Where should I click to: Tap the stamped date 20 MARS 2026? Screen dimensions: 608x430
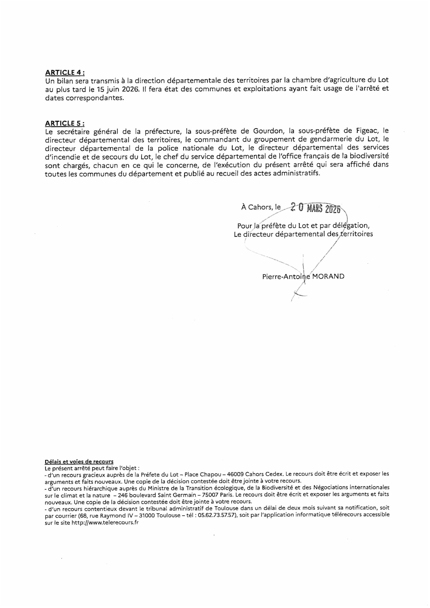tap(315, 208)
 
